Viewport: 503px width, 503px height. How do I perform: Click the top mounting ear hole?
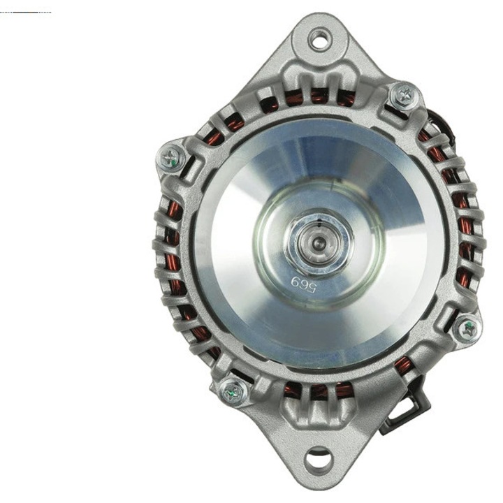[x=319, y=39]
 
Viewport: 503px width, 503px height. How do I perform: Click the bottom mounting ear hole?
[x=317, y=461]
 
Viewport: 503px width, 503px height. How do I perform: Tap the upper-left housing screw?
[x=170, y=159]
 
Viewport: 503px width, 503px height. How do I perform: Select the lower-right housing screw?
[x=467, y=329]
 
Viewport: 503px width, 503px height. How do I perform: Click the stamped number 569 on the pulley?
[x=303, y=284]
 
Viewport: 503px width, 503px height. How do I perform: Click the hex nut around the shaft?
[x=319, y=242]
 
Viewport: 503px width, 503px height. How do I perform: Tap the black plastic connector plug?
[x=404, y=407]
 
